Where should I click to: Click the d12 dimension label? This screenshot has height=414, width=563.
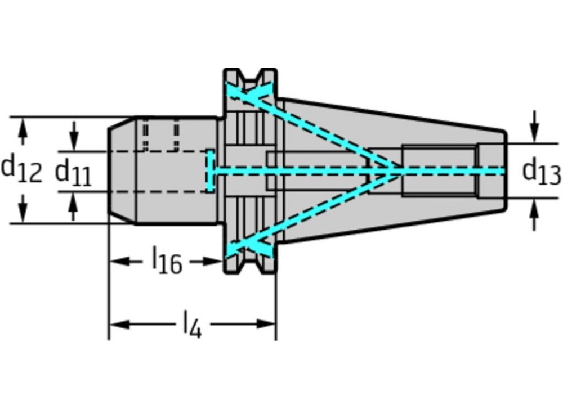pyautogui.click(x=21, y=169)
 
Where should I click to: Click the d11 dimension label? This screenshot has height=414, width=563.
pyautogui.click(x=73, y=173)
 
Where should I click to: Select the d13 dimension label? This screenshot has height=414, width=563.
pyautogui.click(x=542, y=172)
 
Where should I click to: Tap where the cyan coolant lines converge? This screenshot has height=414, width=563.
pyautogui.click(x=399, y=171)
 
